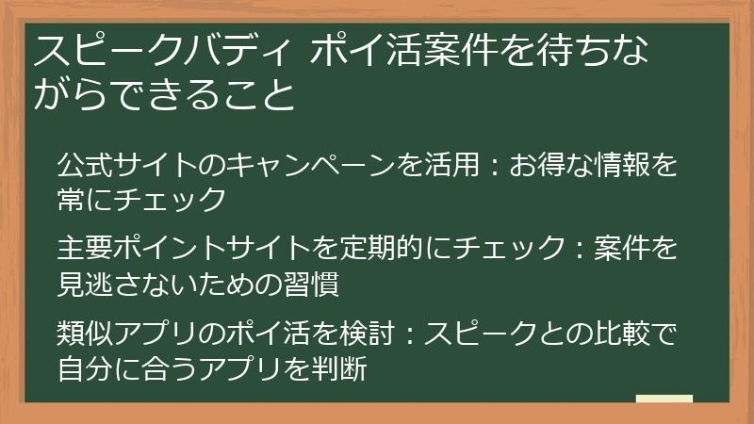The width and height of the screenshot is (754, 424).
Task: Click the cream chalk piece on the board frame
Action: pyautogui.click(x=664, y=400)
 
